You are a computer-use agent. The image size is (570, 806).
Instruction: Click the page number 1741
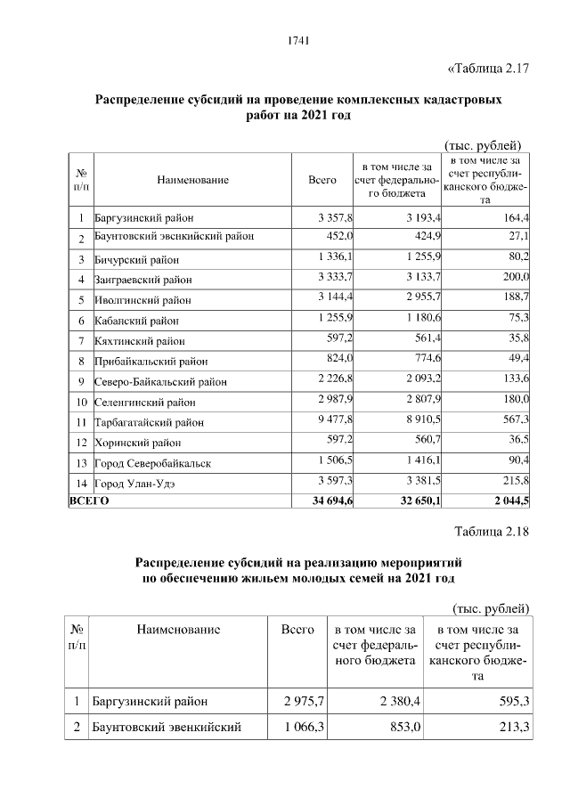pos(298,38)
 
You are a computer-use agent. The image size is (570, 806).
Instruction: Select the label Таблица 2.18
pos(492,532)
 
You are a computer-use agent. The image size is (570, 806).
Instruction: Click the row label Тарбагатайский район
pos(149,422)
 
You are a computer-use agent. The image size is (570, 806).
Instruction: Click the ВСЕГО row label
pos(89,502)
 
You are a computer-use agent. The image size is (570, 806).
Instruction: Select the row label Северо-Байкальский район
pos(159,381)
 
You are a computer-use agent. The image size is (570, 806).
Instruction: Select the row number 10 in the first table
pos(81,401)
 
